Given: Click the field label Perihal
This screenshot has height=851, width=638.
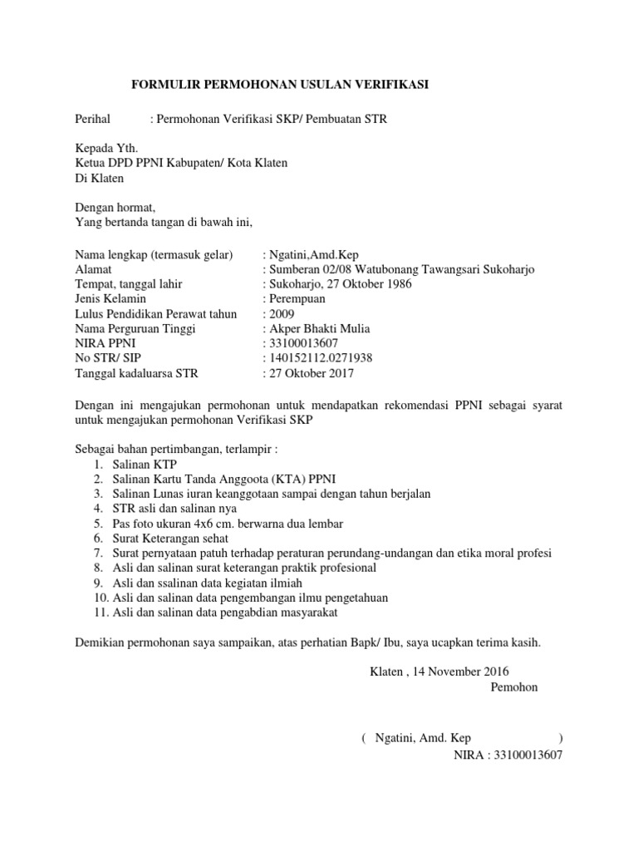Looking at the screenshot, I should (x=91, y=120).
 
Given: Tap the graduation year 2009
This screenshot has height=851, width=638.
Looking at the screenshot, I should (x=281, y=314).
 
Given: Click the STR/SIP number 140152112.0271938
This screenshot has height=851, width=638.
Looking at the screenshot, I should (x=320, y=358).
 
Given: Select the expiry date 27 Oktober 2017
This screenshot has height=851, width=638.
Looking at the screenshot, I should (x=311, y=373).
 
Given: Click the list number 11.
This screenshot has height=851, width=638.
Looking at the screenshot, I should (x=100, y=613).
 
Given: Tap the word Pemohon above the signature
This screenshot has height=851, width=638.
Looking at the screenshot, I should (x=514, y=687).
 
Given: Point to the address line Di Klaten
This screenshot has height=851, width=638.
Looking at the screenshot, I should (x=99, y=178).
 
